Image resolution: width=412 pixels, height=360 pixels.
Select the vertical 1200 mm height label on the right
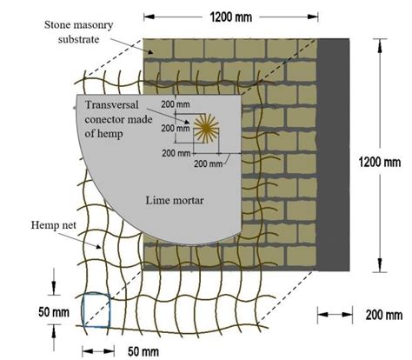pyautogui.click(x=380, y=162)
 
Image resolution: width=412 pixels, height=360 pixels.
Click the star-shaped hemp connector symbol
pyautogui.click(x=206, y=130)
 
